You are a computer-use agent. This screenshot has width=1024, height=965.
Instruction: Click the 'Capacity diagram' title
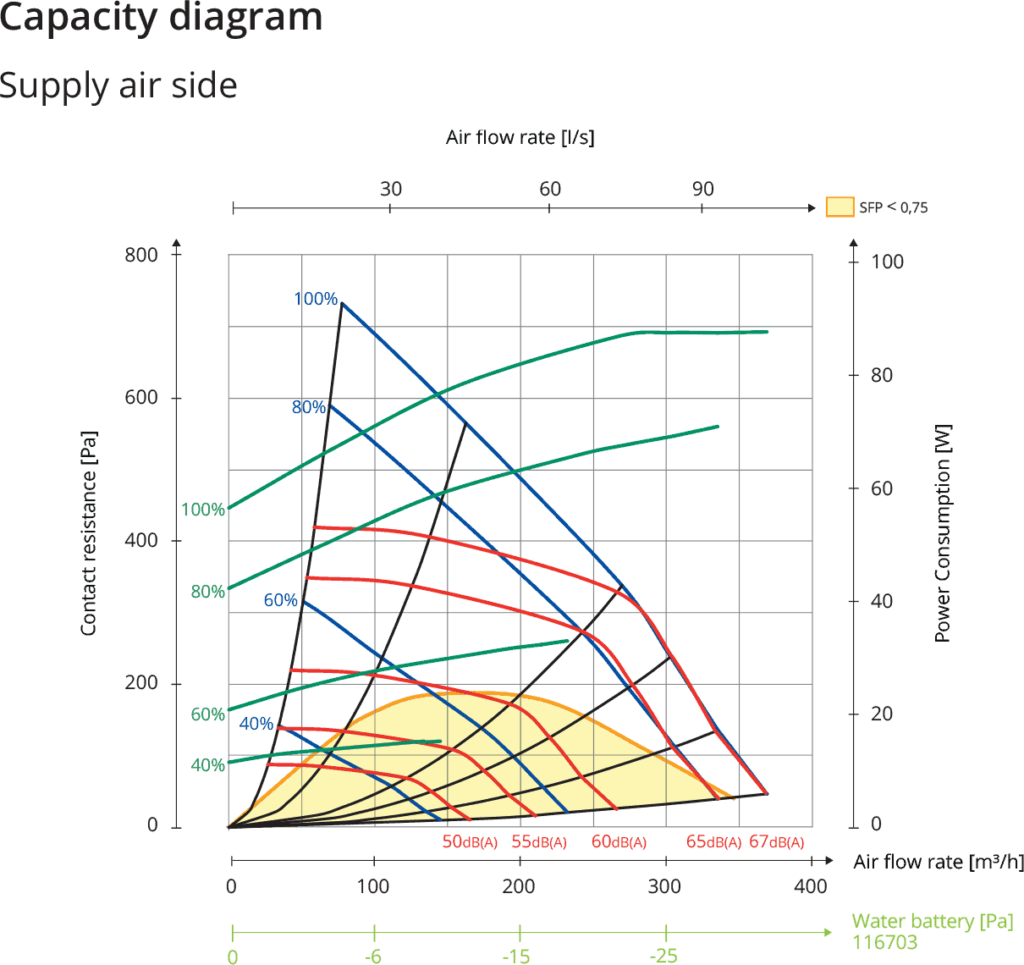coord(160,17)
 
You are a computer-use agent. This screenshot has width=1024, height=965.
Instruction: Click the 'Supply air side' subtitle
coord(118,85)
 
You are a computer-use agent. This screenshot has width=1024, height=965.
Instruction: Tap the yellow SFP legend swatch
coord(839,207)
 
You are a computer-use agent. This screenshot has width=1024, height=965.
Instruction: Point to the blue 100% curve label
coord(315,297)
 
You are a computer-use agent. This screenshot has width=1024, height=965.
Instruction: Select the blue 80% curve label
coord(308,407)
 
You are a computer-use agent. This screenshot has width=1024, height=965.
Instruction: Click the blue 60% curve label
coord(280,600)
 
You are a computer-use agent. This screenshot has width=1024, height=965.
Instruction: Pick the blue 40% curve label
coord(255,723)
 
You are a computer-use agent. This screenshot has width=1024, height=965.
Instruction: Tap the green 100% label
coord(203,509)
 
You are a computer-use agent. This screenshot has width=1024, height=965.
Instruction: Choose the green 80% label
coord(207,591)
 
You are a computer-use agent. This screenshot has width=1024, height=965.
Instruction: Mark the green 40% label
coord(207,766)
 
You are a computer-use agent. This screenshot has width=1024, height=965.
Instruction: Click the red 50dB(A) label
coord(469,842)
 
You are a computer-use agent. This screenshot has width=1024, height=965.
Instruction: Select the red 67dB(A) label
coord(776,842)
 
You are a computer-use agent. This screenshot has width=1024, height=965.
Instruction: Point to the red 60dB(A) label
coord(619,842)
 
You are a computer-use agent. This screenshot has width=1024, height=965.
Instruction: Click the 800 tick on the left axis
coord(141,255)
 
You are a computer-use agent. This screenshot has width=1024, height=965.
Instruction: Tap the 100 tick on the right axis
coord(890,262)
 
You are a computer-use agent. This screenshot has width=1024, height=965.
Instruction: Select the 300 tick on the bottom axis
coord(665,886)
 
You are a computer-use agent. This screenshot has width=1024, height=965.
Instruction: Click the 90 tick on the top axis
coord(703,189)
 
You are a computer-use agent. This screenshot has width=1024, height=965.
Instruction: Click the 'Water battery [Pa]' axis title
coord(916,921)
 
